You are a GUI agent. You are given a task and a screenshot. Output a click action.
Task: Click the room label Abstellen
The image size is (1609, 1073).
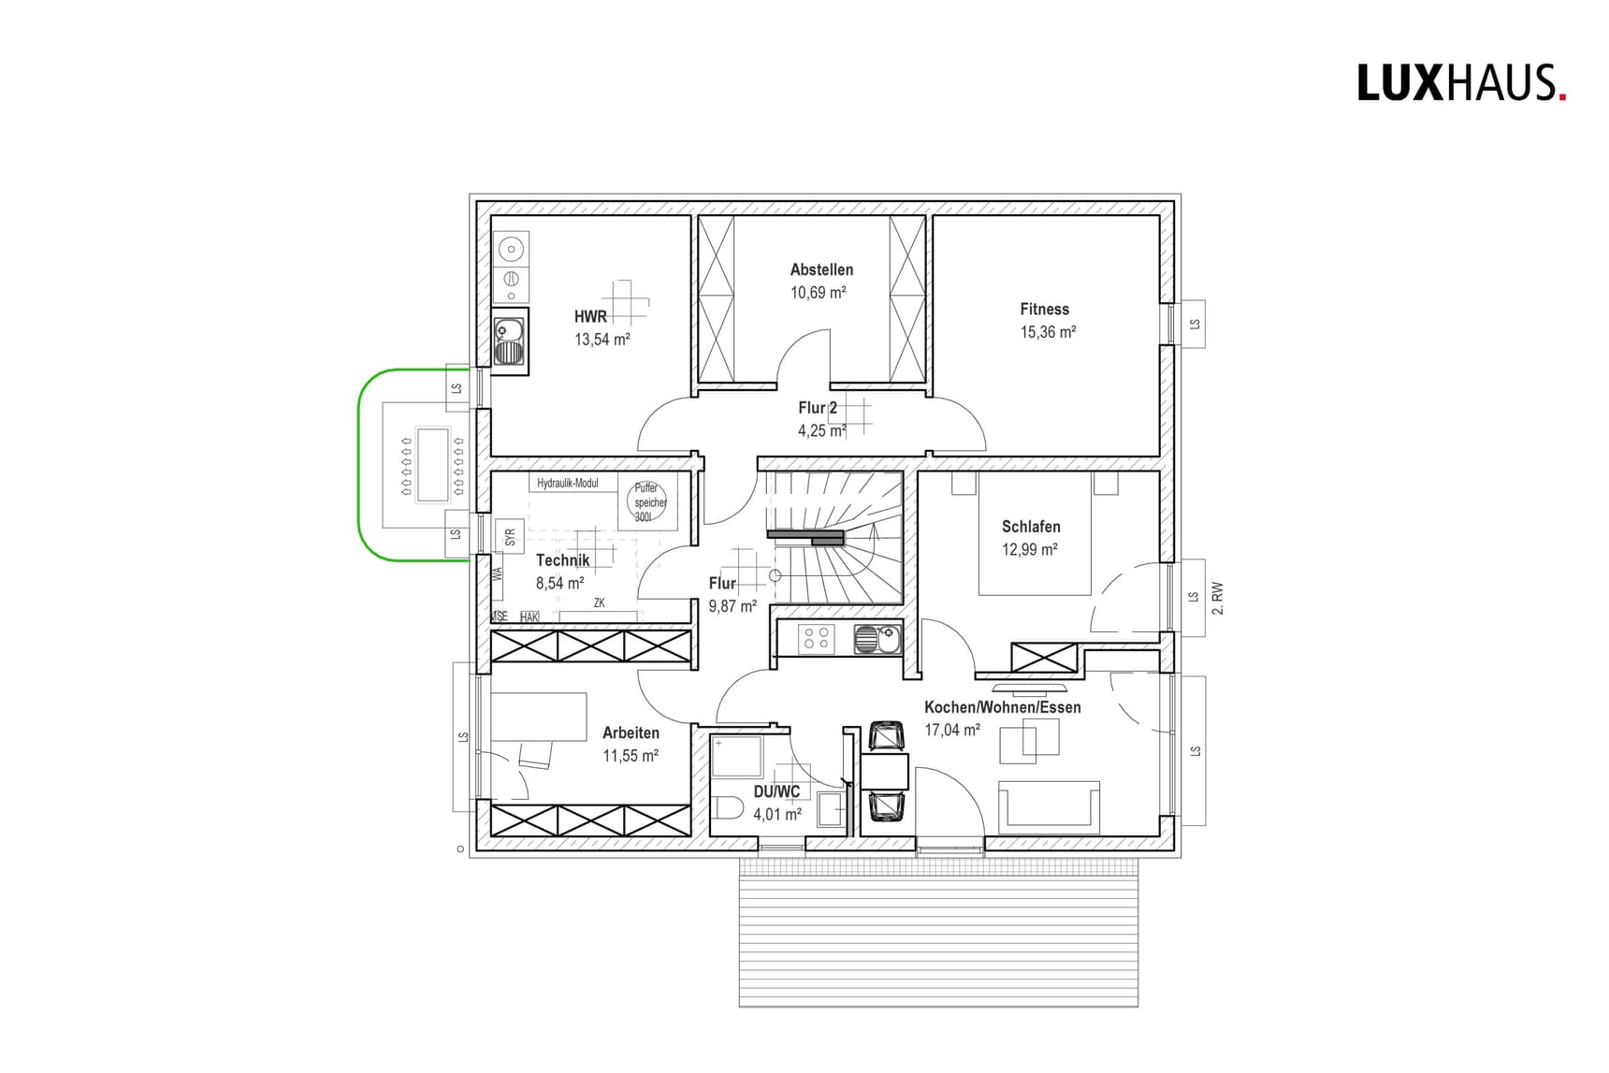coord(821,269)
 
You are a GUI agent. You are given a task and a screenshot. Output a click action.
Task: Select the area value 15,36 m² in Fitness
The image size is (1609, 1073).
coord(1048,332)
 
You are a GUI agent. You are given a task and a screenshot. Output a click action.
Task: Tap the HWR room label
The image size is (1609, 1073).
coord(590,316)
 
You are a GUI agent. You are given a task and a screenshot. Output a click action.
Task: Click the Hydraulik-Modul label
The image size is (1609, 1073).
coord(568,484)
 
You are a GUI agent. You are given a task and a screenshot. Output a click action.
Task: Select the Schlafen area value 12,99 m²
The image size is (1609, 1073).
coord(1029,550)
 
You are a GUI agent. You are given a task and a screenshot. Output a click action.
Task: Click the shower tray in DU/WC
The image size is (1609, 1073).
coord(737,757)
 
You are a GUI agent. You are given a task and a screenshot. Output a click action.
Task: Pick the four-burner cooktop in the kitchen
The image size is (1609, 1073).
coord(816,639)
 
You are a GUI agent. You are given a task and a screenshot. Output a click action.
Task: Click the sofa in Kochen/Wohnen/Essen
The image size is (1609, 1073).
coord(1049,806)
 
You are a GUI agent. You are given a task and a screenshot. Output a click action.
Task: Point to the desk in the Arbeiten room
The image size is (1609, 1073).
coord(538,717)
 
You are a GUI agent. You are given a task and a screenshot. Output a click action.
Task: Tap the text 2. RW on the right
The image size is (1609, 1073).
coord(1217,598)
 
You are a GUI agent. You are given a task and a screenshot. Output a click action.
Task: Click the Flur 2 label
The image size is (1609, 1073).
coord(818,408)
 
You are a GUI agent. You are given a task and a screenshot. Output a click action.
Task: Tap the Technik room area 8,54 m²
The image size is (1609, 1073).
coord(559,583)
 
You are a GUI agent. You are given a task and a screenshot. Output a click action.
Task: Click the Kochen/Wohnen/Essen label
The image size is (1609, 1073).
coord(1002,707)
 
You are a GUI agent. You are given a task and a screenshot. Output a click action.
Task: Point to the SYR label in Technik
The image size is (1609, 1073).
coord(510,538)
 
